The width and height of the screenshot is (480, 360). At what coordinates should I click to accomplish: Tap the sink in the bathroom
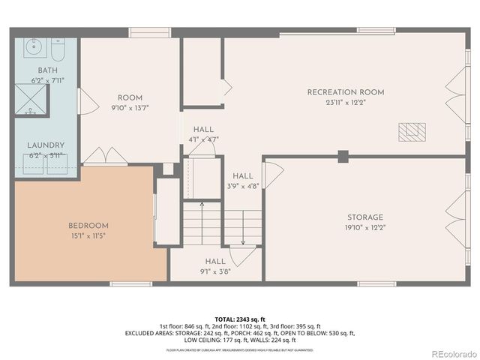(x=33, y=48)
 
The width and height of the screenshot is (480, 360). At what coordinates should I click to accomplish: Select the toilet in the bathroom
(x=58, y=49)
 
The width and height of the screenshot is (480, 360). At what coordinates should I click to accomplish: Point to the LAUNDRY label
(x=46, y=145)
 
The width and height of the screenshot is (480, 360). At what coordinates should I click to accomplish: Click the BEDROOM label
(x=88, y=226)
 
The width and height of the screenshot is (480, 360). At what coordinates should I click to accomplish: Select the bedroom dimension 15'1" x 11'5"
(x=88, y=235)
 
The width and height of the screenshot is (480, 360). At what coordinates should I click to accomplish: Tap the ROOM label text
(x=130, y=97)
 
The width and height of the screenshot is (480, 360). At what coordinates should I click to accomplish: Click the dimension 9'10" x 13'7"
(x=130, y=107)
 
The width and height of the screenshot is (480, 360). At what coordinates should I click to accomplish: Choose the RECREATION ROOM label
(x=345, y=92)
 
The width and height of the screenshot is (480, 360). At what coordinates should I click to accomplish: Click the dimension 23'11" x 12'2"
(x=345, y=102)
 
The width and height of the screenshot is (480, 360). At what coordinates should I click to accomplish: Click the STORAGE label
(x=364, y=217)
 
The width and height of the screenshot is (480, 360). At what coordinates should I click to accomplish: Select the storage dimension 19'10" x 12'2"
(x=364, y=226)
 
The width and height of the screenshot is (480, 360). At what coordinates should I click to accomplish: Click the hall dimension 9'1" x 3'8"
(x=215, y=271)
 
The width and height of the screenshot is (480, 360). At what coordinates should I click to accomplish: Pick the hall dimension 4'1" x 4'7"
(x=202, y=139)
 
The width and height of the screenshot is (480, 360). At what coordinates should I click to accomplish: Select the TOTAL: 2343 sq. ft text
(x=239, y=318)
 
